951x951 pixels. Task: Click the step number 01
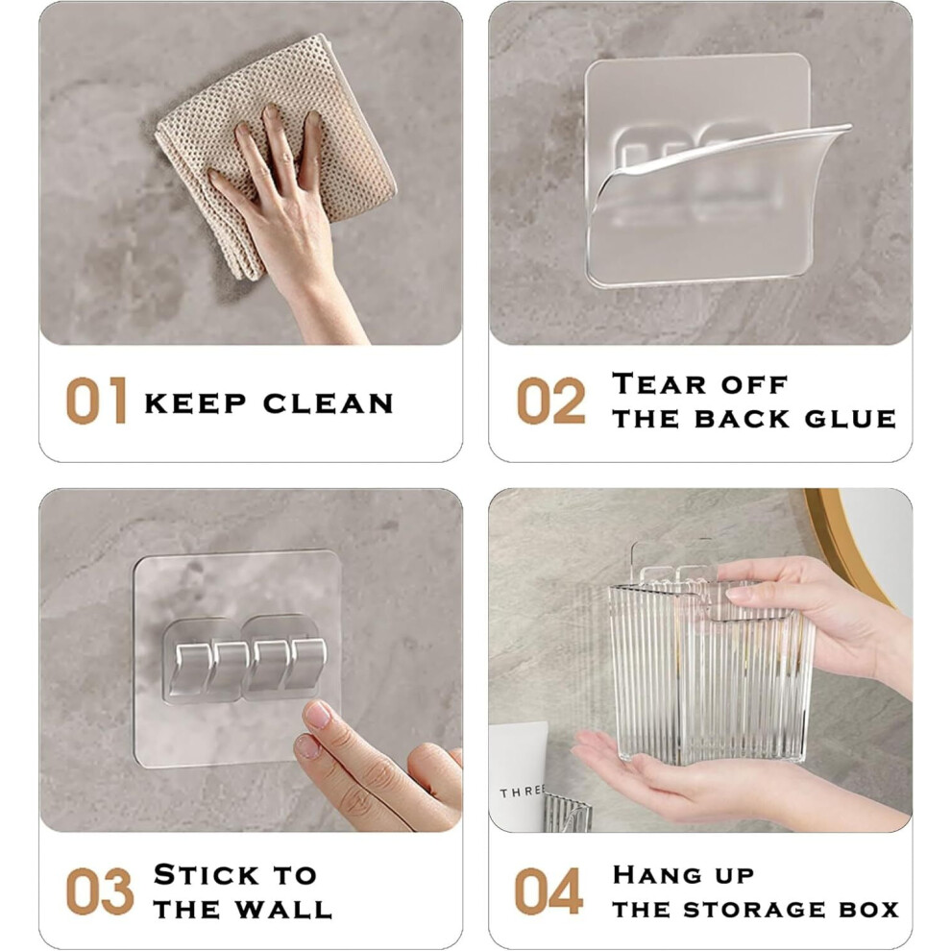click(96, 401)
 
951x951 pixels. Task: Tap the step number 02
click(550, 401)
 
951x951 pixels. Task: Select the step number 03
click(100, 890)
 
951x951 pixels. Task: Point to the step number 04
click(549, 890)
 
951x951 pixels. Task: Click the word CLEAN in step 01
click(329, 403)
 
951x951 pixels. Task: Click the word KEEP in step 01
click(195, 403)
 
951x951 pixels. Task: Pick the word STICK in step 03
click(207, 874)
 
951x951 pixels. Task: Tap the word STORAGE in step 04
click(754, 909)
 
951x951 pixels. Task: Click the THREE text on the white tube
click(522, 792)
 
